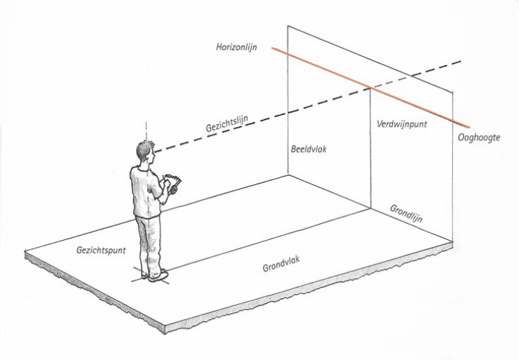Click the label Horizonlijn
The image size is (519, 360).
(236, 47)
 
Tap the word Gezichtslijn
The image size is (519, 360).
(227, 123)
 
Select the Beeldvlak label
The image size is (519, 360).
(308, 149)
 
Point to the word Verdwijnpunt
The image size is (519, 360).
(402, 124)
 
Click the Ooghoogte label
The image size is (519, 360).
(479, 137)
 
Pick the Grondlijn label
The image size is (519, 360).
(406, 213)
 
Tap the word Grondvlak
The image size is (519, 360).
(281, 263)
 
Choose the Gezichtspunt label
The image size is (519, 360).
(101, 250)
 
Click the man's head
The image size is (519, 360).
(145, 151)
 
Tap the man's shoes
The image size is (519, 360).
(155, 276)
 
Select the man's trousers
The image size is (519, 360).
(149, 244)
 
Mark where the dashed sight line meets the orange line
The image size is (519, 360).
(370, 88)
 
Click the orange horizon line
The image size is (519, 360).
(370, 88)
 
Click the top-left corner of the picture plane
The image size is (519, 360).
(287, 26)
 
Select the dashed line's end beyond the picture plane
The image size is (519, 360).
(461, 61)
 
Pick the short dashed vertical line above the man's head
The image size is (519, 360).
(146, 131)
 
